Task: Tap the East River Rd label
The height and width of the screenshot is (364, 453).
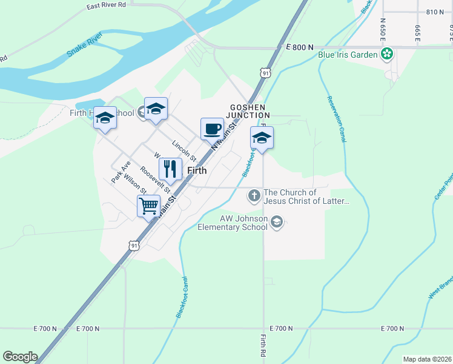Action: pos(106,5)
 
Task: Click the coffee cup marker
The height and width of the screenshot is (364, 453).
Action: pos(212,129)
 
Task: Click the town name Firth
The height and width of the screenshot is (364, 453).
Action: pos(197,171)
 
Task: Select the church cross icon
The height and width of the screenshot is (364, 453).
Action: pos(254,196)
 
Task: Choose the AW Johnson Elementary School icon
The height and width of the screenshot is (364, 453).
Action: pos(277,223)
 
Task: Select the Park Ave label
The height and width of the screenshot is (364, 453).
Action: pos(121,172)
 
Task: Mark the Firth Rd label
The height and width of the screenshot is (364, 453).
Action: pos(263,346)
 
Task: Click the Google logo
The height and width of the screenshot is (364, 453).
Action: pos(20,357)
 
